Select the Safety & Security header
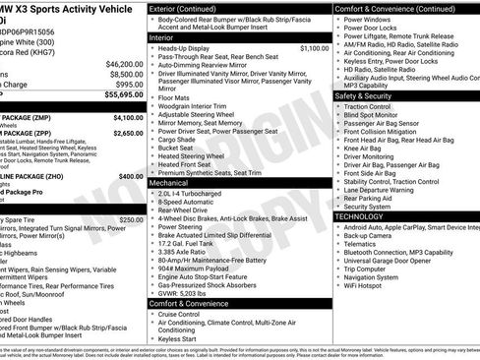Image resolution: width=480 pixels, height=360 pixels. (x=369, y=96)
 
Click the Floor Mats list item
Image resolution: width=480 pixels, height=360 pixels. (x=174, y=98)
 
